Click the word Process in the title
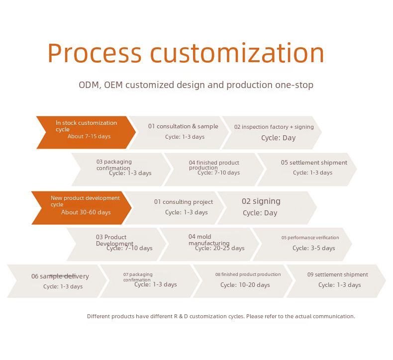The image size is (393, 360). pyautogui.click(x=95, y=53)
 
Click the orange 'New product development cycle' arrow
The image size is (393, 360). pyautogui.click(x=80, y=207)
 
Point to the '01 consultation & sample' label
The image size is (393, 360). pyautogui.click(x=183, y=126)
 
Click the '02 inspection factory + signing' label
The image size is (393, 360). pyautogui.click(x=274, y=127)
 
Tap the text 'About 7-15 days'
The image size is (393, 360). pyautogui.click(x=89, y=137)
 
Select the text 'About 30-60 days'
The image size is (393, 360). pyautogui.click(x=86, y=212)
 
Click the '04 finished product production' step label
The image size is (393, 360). pyautogui.click(x=214, y=165)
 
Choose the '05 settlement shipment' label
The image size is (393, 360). pyautogui.click(x=314, y=163)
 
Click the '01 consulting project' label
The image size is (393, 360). pyautogui.click(x=183, y=202)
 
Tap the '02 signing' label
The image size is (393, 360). pyautogui.click(x=261, y=201)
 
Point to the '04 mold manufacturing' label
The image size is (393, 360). pyautogui.click(x=208, y=240)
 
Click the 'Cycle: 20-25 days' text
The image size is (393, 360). pyautogui.click(x=220, y=248)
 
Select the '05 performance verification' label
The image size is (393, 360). pyautogui.click(x=310, y=238)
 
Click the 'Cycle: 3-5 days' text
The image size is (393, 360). pyautogui.click(x=313, y=248)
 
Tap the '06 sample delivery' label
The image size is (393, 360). pyautogui.click(x=60, y=276)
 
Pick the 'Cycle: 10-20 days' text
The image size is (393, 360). pyautogui.click(x=245, y=285)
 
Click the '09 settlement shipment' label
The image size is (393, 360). pyautogui.click(x=337, y=274)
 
